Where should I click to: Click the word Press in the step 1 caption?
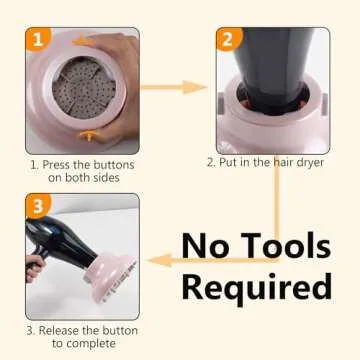point(59,164)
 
